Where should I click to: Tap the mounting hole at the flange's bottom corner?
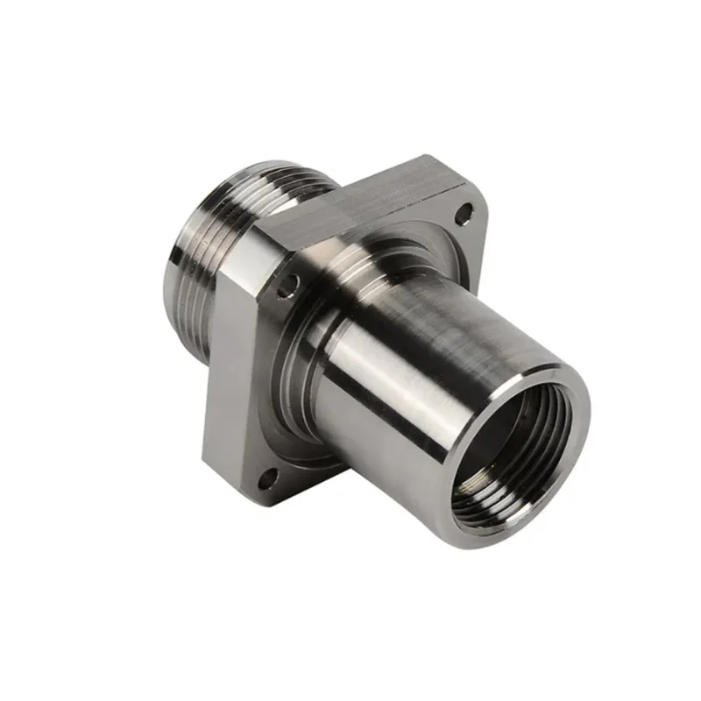269,477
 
